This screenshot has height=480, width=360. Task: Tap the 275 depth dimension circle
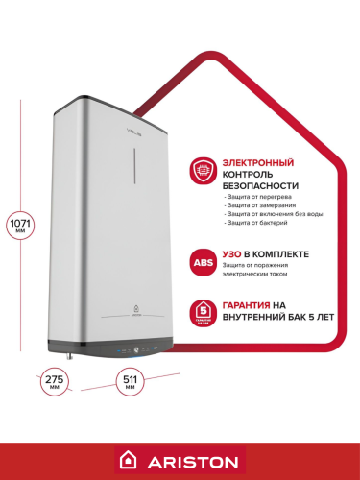point(54,382)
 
